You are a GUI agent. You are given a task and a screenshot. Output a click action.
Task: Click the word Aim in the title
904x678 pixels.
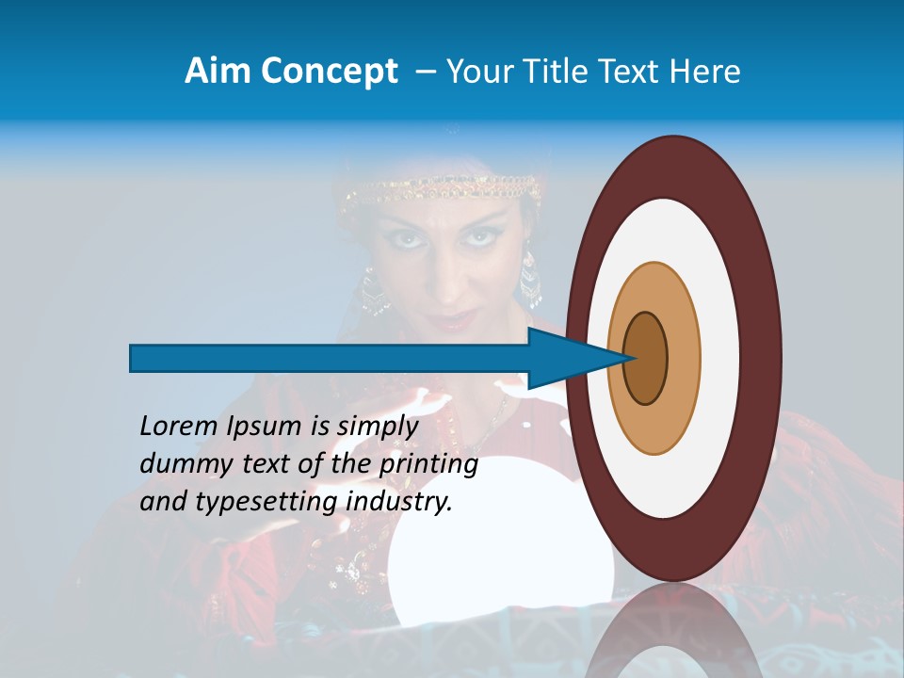coord(215,71)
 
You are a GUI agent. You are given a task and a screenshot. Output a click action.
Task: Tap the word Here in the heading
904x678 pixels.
coord(706,71)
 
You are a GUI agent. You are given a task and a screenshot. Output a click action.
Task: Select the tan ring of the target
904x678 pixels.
coord(683,358)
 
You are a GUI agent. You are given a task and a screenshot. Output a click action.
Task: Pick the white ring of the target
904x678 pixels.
coord(720,358)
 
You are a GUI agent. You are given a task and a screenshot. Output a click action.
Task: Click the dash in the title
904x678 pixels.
coord(425,71)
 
